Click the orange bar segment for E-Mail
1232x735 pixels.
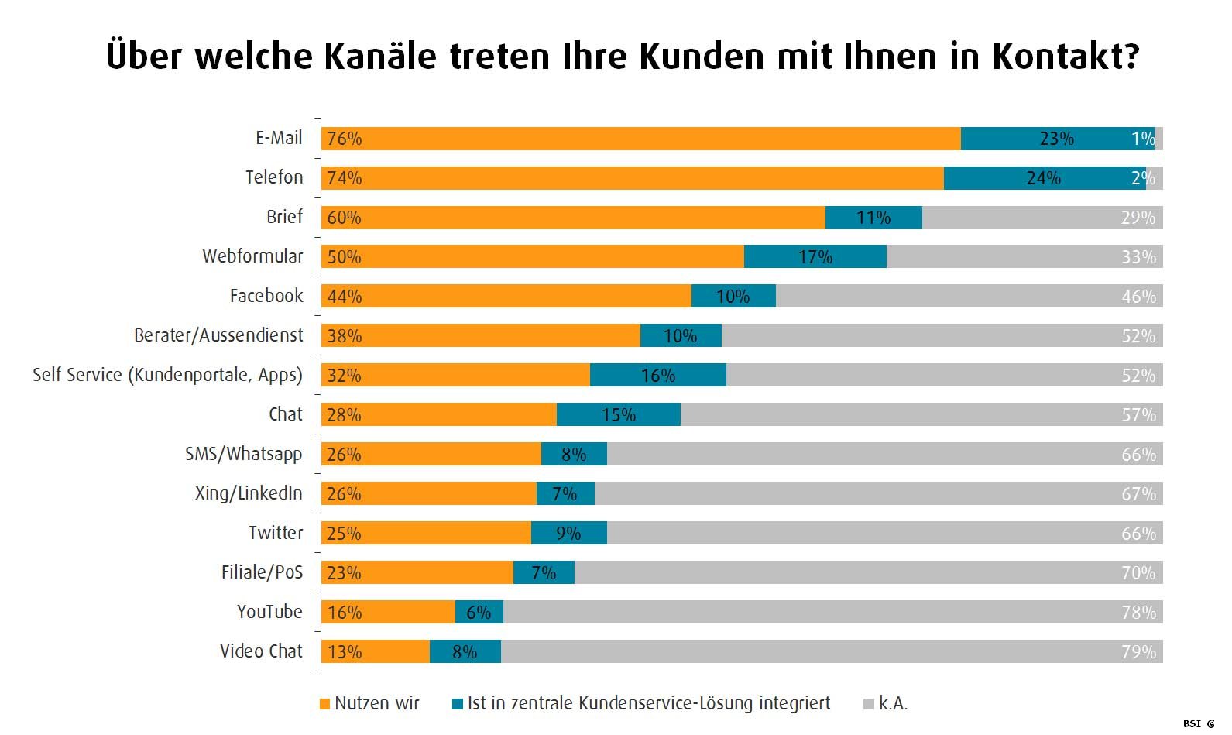pos(640,139)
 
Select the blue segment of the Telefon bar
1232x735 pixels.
pos(1045,178)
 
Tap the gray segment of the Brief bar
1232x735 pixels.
pos(1042,218)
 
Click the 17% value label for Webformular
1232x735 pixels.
pos(815,257)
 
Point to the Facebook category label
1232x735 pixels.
pos(266,296)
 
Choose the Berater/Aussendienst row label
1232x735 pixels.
pos(218,335)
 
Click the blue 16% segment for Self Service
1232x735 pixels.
pos(657,375)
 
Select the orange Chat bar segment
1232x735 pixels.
pos(439,414)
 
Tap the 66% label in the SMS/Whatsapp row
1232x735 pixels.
pos(1138,455)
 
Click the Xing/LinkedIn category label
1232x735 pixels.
pos(249,493)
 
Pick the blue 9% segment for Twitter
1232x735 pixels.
pos(568,533)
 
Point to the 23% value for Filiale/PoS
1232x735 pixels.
pos(345,573)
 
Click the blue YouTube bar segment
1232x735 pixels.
pos(479,613)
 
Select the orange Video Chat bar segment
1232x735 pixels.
pos(375,652)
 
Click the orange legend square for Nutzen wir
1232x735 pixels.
pos(324,704)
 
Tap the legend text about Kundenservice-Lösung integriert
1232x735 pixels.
pos(649,704)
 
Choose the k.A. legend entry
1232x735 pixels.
pos(886,704)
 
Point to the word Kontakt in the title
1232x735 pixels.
pos(1066,56)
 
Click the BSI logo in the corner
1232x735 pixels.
pos(1199,723)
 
